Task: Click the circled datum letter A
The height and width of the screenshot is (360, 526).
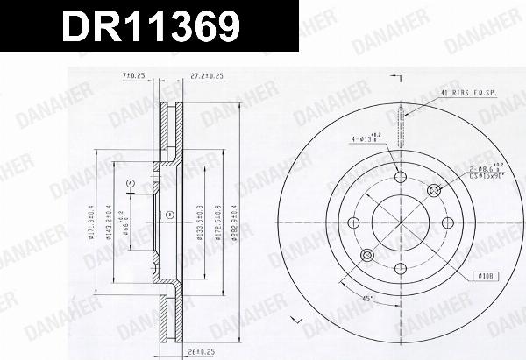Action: point(131,183)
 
